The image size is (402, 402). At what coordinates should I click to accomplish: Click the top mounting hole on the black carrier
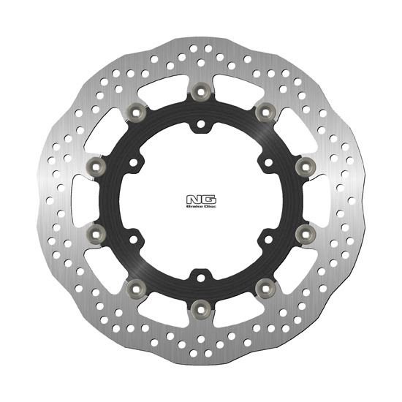pos(200,126)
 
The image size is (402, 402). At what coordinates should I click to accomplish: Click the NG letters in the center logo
pos(200,197)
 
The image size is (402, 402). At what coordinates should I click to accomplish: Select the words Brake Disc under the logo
pos(200,208)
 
